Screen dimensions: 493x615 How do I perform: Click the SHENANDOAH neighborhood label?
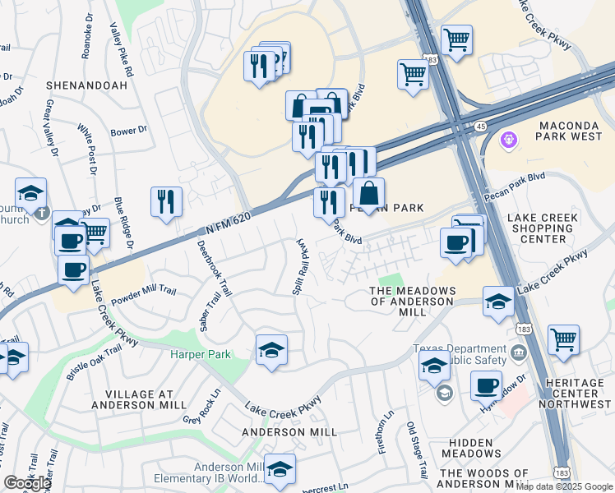(80, 85)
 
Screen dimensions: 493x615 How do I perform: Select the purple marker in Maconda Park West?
(509, 141)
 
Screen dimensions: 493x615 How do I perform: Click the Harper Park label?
(201, 355)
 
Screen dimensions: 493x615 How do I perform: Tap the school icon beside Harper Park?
(271, 351)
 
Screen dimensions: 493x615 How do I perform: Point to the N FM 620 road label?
(229, 219)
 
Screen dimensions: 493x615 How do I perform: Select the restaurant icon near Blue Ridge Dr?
(166, 202)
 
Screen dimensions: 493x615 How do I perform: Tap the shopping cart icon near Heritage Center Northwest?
(563, 340)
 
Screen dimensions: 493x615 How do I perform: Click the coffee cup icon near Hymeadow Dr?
(486, 385)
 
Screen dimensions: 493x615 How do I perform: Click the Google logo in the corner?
(27, 483)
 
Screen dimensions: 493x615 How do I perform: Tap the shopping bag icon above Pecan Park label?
(368, 194)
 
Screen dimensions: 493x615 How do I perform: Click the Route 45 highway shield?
(480, 125)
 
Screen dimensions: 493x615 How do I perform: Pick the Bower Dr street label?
(128, 131)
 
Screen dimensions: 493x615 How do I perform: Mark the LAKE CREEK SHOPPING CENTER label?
(543, 228)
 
